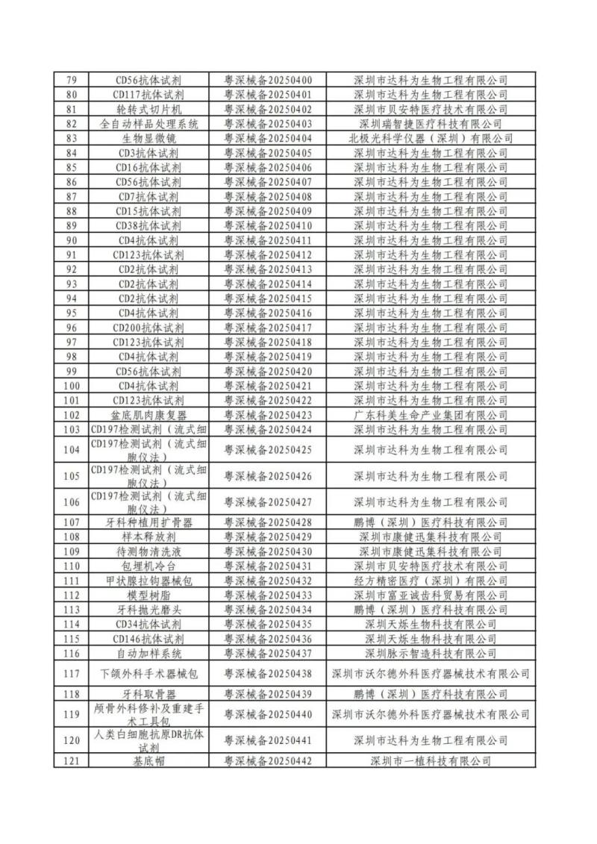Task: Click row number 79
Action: pos(72,80)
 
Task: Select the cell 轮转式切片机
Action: pos(149,109)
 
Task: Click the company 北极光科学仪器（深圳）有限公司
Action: pos(431,138)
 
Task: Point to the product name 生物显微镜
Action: pos(149,138)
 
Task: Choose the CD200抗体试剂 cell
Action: pos(149,328)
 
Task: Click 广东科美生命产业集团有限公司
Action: pos(431,415)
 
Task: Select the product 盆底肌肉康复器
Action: pos(149,415)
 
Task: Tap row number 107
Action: pos(72,522)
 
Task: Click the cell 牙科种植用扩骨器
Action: pos(149,522)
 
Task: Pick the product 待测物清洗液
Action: pos(149,551)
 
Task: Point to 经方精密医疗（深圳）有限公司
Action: pos(431,581)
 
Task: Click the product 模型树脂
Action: pos(149,595)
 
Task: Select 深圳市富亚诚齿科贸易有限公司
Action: pos(431,595)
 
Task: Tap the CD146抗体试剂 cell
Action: pos(149,639)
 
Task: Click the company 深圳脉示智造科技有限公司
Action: pos(431,653)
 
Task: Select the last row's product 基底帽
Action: pos(149,760)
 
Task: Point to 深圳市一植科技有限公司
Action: pos(431,760)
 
